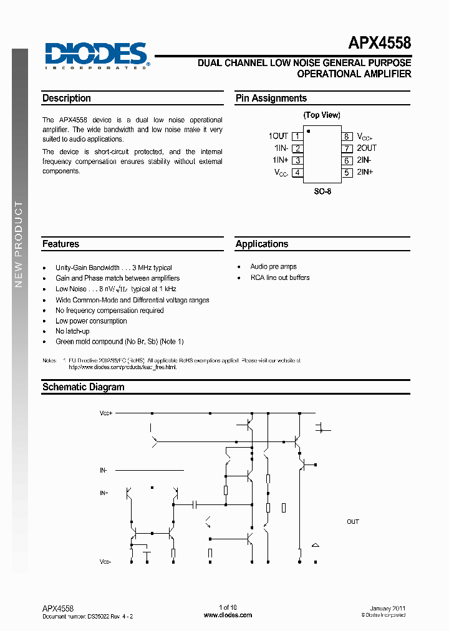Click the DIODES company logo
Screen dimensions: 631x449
coord(97,55)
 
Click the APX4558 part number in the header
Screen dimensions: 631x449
coord(379,44)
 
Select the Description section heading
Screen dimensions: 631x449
coord(67,99)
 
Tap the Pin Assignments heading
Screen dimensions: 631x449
coord(271,99)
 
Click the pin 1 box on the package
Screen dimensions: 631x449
coord(297,136)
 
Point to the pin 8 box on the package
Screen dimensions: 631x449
coord(346,136)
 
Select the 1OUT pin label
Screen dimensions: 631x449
coord(278,136)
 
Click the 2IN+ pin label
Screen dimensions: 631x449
coord(365,172)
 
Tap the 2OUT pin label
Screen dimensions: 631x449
coord(367,148)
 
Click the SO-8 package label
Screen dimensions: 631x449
coord(322,192)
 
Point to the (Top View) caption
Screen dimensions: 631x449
coord(322,115)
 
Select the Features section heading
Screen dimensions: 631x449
coord(60,244)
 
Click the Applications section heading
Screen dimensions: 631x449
coord(262,244)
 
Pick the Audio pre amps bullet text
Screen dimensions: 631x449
coord(274,267)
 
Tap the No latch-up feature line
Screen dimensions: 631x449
coord(72,331)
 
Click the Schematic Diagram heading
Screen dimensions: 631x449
coord(84,387)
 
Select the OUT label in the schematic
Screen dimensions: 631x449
coord(353,522)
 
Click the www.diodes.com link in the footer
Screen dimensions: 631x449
coord(228,615)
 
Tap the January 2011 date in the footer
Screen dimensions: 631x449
coord(388,608)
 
